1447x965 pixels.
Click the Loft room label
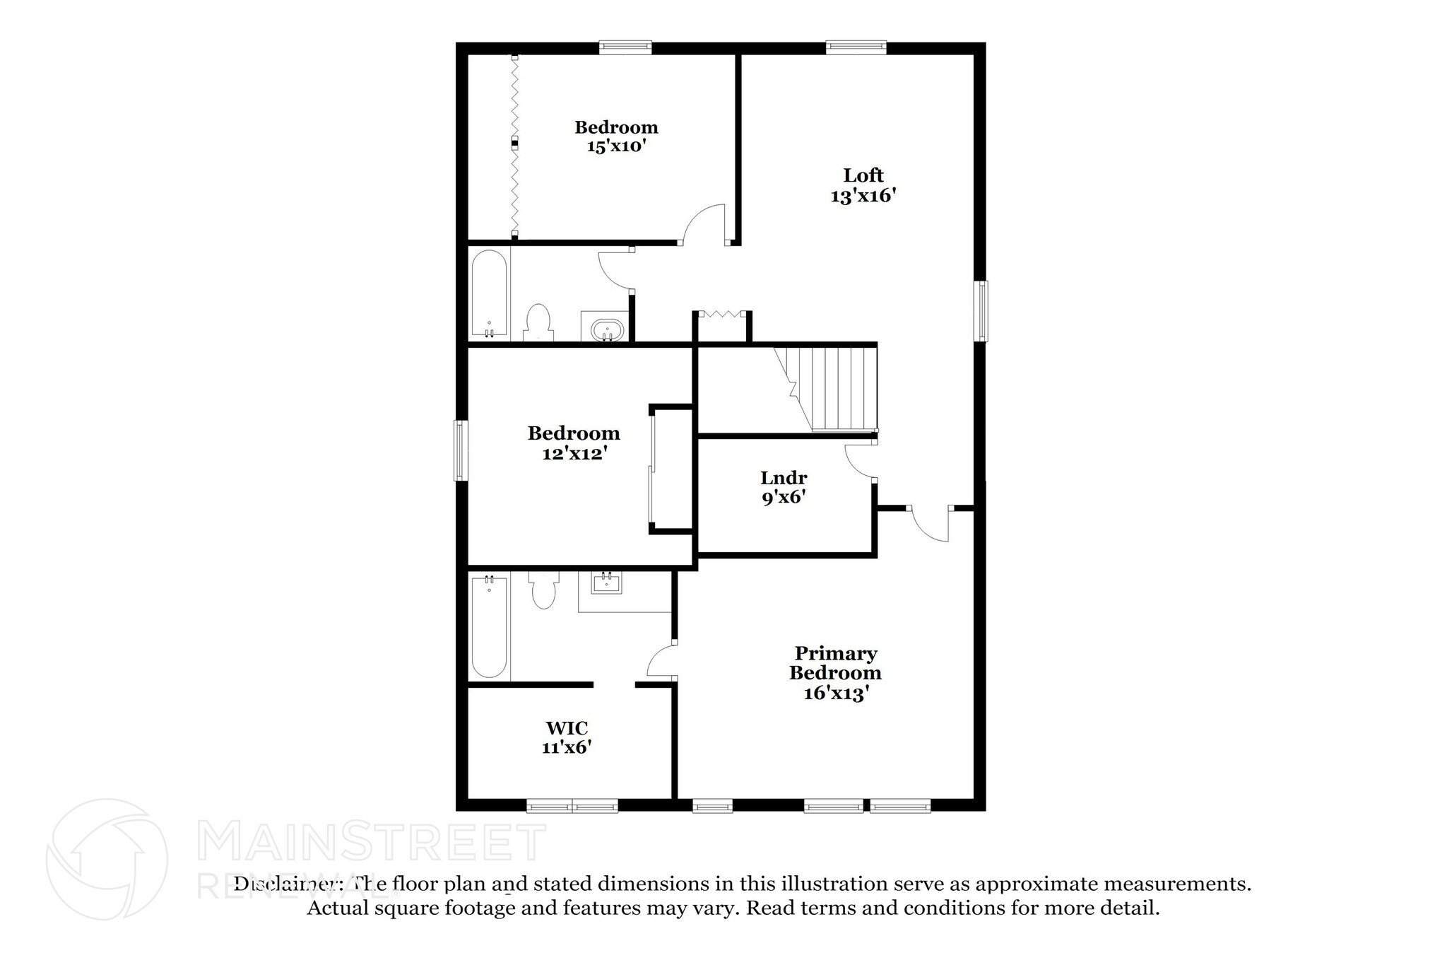click(863, 175)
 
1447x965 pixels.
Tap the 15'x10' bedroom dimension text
click(617, 146)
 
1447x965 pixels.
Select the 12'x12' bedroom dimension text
click(574, 452)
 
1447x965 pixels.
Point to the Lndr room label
click(784, 478)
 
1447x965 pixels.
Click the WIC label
click(567, 727)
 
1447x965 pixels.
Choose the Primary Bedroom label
click(835, 662)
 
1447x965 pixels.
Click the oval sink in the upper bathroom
click(606, 329)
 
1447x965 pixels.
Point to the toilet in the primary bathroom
click(543, 591)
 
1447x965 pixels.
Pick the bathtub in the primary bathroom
click(489, 626)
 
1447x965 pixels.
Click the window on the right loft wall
click(982, 311)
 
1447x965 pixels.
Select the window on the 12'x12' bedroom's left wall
click(461, 450)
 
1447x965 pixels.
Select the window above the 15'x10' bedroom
click(625, 47)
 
